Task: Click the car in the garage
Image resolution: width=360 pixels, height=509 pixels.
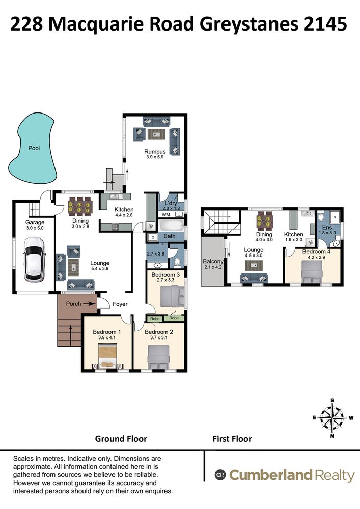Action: click(34, 260)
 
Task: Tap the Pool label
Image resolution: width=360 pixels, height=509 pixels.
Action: click(34, 148)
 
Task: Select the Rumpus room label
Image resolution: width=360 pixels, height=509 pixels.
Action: click(155, 152)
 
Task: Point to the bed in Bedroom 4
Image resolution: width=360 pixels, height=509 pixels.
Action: click(312, 273)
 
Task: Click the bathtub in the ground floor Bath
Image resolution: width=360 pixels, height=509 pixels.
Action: click(171, 225)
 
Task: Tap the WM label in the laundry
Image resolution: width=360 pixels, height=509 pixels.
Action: click(165, 215)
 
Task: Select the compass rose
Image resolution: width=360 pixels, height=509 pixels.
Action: click(331, 418)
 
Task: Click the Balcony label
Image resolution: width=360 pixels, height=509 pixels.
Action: click(213, 261)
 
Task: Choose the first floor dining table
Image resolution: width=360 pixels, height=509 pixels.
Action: click(264, 220)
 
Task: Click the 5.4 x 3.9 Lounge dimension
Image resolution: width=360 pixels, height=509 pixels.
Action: click(100, 268)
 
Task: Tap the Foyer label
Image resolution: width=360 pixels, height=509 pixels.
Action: click(120, 304)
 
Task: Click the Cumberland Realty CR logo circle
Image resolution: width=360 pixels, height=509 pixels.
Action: click(220, 475)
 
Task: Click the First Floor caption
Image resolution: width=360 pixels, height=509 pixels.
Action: click(232, 439)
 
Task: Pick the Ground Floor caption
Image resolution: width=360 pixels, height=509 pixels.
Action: click(121, 439)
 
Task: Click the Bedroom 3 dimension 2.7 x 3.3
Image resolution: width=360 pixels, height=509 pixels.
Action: click(165, 280)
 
